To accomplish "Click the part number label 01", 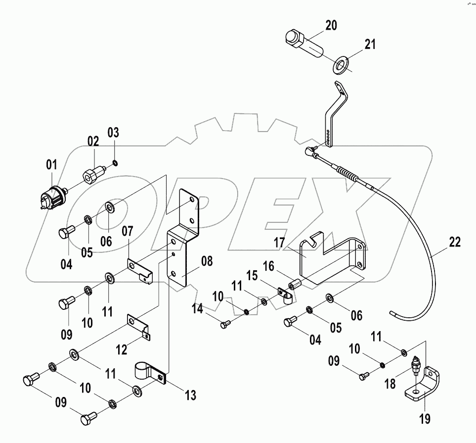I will pos(52,164).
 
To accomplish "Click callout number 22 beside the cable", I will pos(455,242).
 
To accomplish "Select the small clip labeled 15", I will pos(285,296).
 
